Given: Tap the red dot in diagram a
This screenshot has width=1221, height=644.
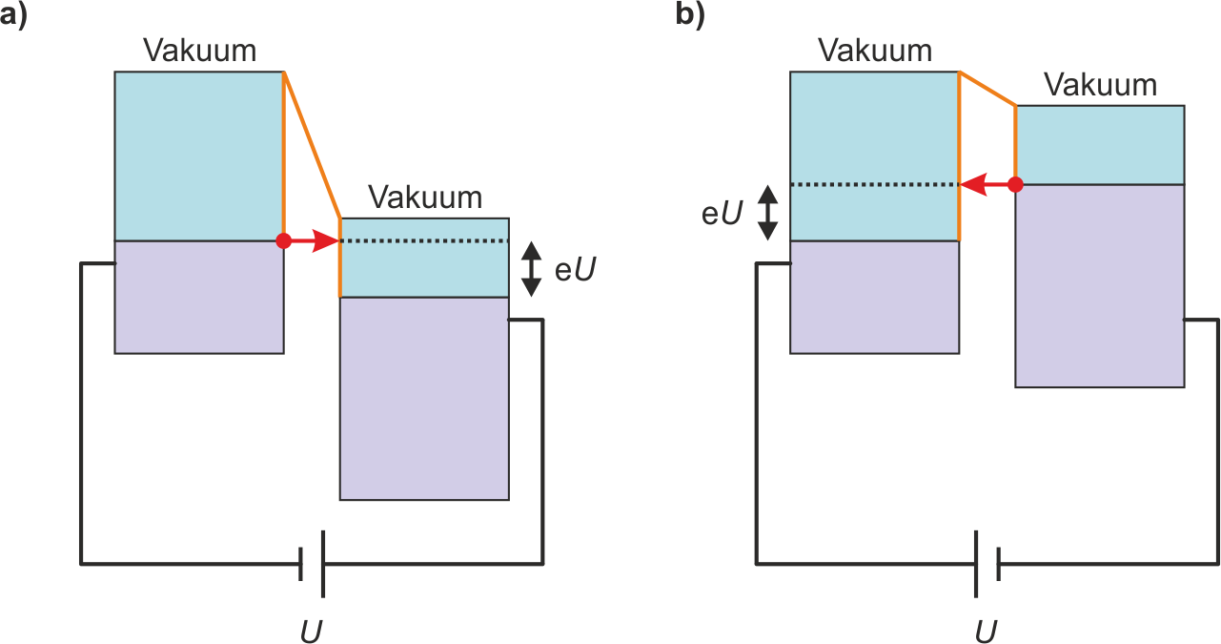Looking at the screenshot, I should click(x=283, y=241).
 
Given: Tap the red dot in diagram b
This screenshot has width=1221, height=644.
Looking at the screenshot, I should click(x=1015, y=184).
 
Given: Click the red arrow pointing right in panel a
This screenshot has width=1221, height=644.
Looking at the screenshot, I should click(x=315, y=241).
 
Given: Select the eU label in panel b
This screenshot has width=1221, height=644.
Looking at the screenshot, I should click(x=722, y=213).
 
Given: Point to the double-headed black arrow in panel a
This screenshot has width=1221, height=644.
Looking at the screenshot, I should click(x=532, y=268).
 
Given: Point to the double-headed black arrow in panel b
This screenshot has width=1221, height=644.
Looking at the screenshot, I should click(x=767, y=212).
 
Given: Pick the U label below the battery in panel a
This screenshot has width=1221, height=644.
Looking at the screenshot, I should click(x=312, y=631).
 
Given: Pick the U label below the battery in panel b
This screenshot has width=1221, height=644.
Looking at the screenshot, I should click(x=987, y=631).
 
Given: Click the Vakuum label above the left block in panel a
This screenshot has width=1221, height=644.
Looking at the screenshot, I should click(x=199, y=50).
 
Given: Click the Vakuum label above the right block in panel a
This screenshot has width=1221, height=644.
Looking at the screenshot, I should click(x=425, y=197).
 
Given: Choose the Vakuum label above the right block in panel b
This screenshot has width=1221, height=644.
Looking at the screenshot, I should click(x=1100, y=85).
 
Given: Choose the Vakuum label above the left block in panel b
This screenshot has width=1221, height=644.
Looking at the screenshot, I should click(x=875, y=50).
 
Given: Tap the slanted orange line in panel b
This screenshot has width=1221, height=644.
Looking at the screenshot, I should click(x=987, y=89).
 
